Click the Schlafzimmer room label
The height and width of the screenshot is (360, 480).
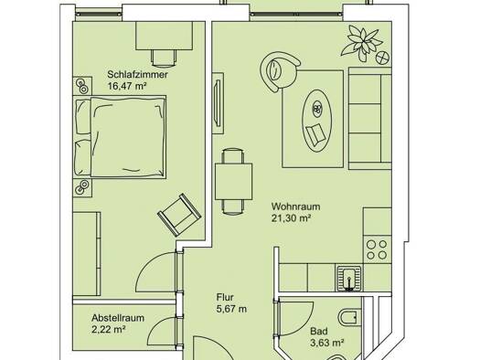[x=137, y=75]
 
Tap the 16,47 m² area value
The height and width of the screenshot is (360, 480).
[x=126, y=86]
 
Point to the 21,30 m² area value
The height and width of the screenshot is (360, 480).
[x=291, y=218]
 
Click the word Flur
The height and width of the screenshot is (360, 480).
[x=225, y=297]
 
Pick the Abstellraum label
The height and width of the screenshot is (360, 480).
[x=118, y=318]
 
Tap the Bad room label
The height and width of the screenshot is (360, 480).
[x=319, y=332]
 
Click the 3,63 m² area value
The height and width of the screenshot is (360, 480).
[x=326, y=343]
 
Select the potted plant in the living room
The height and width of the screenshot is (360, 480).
[x=362, y=42]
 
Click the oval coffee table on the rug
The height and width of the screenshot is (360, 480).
[x=317, y=121]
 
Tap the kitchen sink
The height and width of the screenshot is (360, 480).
[x=349, y=278]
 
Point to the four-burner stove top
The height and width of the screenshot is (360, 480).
[x=377, y=249]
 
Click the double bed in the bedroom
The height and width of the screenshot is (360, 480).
[x=120, y=137]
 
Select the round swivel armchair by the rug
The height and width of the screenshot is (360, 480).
[x=279, y=70]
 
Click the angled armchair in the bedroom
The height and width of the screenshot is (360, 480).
[x=179, y=215]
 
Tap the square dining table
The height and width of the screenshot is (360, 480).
[x=233, y=182]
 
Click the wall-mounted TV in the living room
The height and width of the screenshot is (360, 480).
[x=218, y=102]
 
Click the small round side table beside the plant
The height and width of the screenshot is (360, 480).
[x=383, y=58]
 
